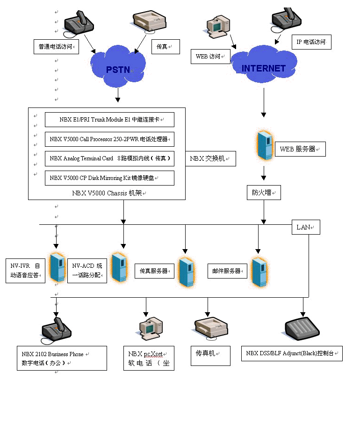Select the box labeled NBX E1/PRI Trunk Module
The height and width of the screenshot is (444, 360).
coord(109,120)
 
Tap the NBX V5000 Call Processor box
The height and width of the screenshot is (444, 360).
coord(109,139)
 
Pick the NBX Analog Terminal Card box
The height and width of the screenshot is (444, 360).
coord(109,158)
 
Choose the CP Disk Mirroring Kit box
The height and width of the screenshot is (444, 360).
coord(109,178)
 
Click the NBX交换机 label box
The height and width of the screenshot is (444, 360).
coord(210,158)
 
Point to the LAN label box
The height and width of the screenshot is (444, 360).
coord(306,227)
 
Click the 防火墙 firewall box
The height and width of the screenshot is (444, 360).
coord(264,193)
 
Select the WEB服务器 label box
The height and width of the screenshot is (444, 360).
coord(300,149)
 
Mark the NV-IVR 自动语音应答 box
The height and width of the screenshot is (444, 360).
coord(25,271)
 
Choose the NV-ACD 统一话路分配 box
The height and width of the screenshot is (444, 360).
coord(87,271)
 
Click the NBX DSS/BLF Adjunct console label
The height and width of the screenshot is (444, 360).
coord(292,353)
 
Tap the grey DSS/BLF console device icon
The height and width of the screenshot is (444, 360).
coord(302,329)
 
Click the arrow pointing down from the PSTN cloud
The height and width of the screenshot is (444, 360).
coord(118,96)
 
